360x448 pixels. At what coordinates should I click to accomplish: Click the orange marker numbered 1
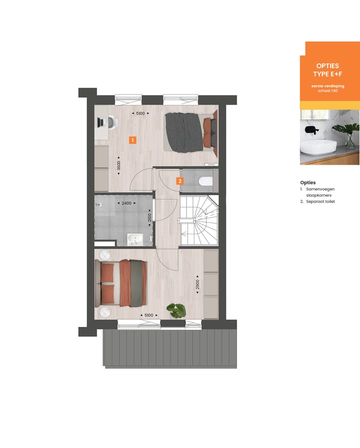[x=132, y=140]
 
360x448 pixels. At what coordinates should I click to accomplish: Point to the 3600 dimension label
[x=118, y=166]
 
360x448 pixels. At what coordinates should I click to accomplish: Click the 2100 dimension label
[x=149, y=218]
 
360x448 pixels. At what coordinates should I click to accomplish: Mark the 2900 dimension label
[x=198, y=285]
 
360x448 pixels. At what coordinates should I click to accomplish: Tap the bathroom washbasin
[x=134, y=239]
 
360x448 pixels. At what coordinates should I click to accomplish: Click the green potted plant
[x=176, y=310]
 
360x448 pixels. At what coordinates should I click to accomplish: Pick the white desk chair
[x=112, y=122]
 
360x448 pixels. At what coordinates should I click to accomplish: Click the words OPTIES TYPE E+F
[x=327, y=70]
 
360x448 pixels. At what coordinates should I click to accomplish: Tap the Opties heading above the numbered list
[x=308, y=183]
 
